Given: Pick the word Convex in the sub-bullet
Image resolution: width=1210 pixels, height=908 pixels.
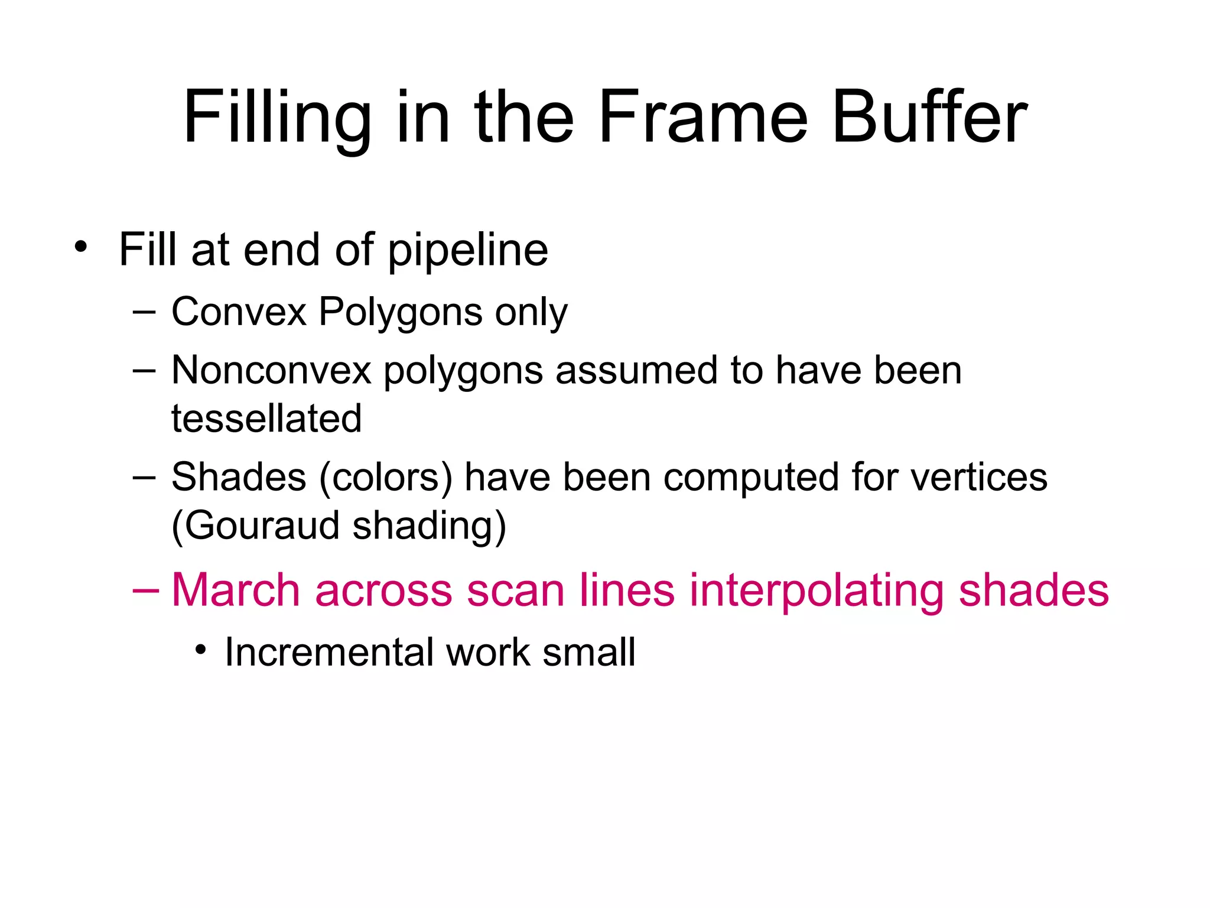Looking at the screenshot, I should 239,312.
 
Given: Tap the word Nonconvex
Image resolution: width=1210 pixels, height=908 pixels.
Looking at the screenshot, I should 271,371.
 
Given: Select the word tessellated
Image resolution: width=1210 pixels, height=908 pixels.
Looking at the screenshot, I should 266,418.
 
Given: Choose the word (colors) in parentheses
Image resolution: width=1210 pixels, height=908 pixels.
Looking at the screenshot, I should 386,477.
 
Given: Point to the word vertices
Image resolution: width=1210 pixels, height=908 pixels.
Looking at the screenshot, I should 978,477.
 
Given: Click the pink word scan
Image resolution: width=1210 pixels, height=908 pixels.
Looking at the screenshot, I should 515,590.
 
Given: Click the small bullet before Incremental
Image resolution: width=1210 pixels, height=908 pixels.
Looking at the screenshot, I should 201,650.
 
